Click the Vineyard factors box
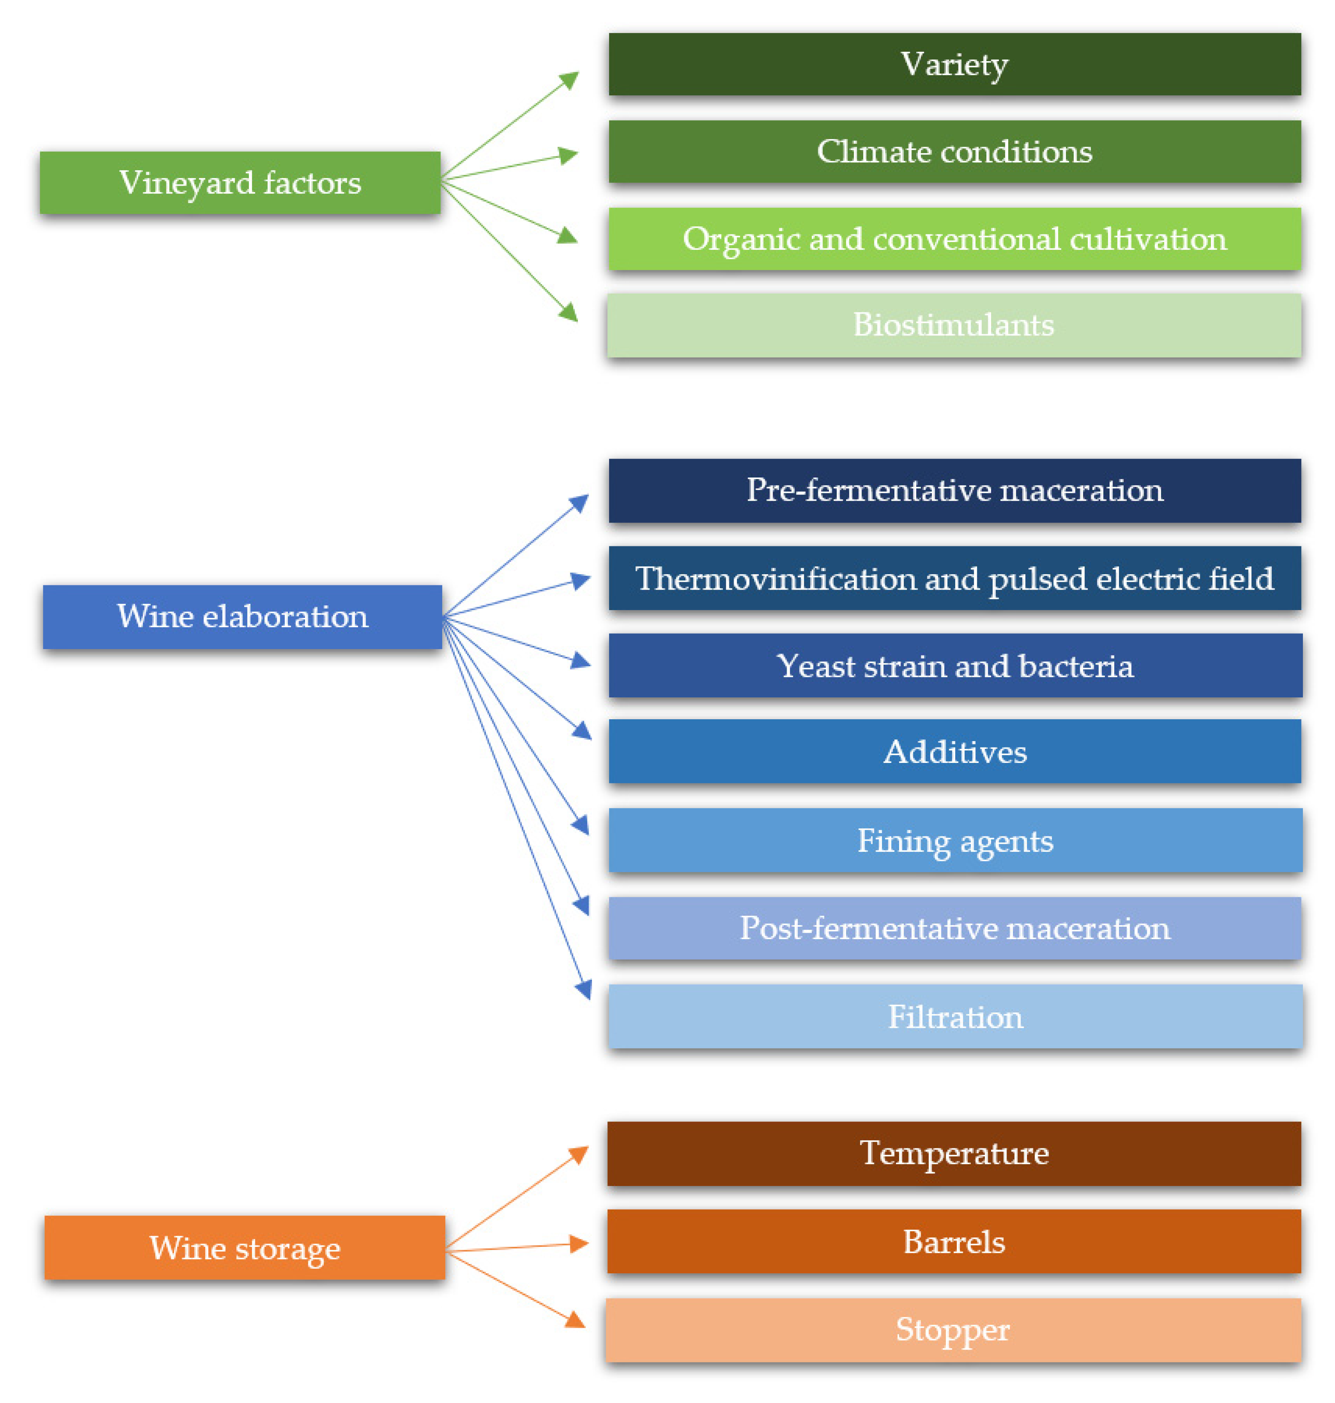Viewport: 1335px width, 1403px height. pos(240,182)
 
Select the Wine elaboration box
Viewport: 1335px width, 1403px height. pos(242,617)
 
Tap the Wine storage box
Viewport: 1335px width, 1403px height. pos(245,1247)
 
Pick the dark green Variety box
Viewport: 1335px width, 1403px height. pos(954,64)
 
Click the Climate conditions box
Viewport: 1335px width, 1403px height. pos(954,151)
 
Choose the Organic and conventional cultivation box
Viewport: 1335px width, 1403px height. pos(954,238)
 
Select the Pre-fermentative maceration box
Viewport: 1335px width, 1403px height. pos(954,490)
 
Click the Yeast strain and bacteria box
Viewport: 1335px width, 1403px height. pos(955,665)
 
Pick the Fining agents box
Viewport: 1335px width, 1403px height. pos(955,840)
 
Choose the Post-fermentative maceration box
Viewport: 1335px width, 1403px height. pos(954,928)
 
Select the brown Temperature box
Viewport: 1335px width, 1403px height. pos(953,1153)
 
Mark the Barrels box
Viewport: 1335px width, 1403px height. pos(953,1241)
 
